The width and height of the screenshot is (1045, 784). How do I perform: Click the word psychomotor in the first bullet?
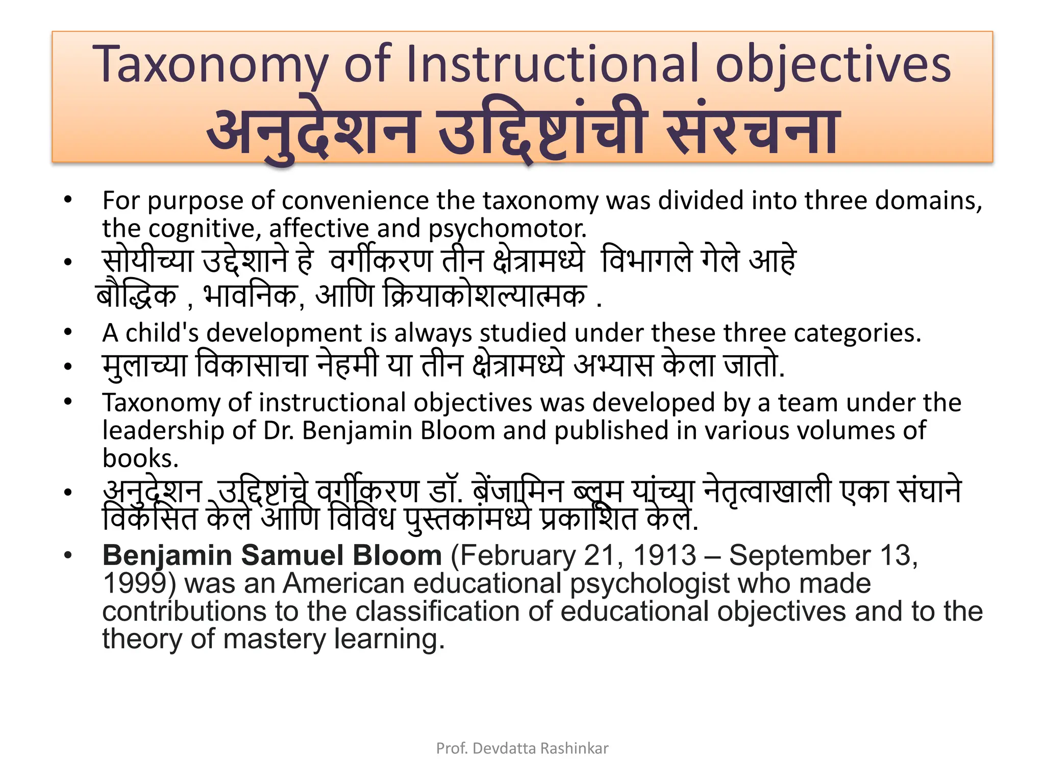[507, 229]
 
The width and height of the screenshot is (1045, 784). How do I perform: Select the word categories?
[857, 333]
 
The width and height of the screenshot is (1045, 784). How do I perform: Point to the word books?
[140, 458]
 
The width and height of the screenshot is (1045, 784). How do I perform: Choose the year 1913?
[664, 555]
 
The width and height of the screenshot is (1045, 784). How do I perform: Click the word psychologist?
[649, 584]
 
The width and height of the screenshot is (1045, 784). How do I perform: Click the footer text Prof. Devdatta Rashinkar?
[522, 748]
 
